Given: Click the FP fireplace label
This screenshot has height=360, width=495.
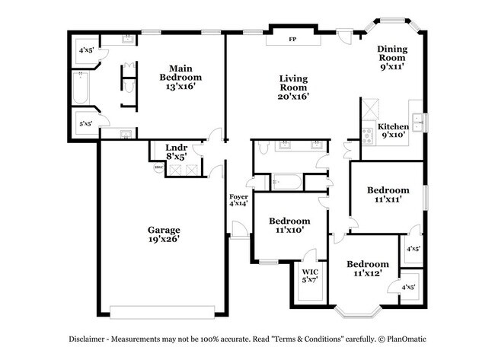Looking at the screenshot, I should [x=292, y=40].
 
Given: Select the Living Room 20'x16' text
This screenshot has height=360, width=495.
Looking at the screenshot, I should [x=293, y=88].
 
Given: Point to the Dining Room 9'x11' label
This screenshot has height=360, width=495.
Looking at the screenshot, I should [x=392, y=58].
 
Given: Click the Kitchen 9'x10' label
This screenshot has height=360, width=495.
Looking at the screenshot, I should [x=394, y=131].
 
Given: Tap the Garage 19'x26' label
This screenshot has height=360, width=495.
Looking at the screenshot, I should [x=163, y=234].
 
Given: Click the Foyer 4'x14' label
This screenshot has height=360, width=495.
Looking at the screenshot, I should [x=239, y=200].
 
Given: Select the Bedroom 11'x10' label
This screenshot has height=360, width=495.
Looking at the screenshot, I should [x=289, y=225].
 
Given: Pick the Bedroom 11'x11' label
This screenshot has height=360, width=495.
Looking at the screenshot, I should [x=388, y=195].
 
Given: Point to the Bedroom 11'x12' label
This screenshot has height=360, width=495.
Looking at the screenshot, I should [x=368, y=269].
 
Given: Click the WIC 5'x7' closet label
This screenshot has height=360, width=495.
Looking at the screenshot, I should [x=310, y=276].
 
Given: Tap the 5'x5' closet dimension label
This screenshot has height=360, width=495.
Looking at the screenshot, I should [x=85, y=123].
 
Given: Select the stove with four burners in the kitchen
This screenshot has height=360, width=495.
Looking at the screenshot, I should [x=368, y=135].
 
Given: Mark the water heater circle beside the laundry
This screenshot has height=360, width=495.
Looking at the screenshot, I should [x=158, y=167].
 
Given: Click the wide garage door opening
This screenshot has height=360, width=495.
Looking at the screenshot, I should [x=162, y=311].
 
